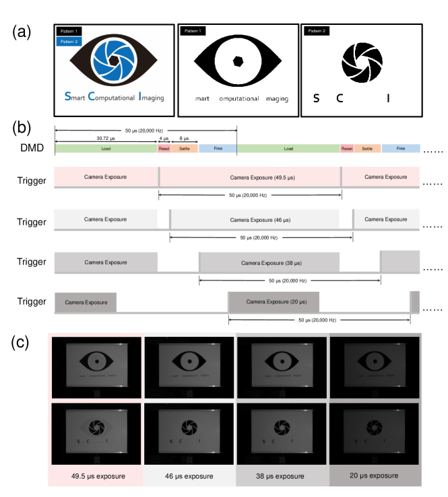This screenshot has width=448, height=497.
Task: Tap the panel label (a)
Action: [24, 32]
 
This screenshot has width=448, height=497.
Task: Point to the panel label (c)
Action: [24, 342]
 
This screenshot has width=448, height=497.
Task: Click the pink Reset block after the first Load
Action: [164, 148]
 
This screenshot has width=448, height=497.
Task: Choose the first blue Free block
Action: [218, 148]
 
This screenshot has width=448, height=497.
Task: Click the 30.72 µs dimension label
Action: [106, 139]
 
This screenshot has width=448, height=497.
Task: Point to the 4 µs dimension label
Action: [164, 139]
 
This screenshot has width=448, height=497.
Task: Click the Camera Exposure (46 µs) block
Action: [254, 219]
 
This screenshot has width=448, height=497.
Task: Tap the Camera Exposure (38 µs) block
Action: [269, 262]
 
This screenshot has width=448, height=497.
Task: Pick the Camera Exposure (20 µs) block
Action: [274, 303]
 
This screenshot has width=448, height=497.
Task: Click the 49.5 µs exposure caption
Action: [94, 476]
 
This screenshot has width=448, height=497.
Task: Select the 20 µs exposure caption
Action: [374, 476]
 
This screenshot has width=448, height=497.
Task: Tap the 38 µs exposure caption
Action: [282, 476]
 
